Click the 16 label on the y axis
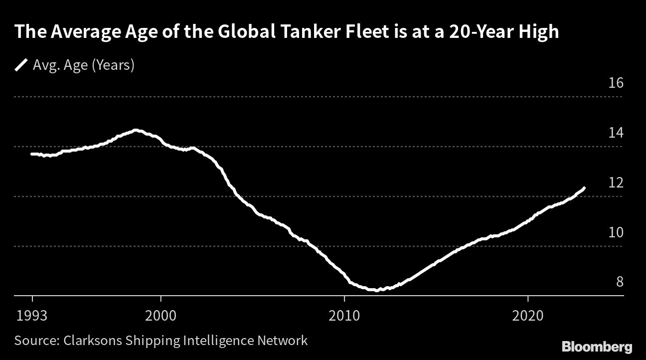click(x=617, y=83)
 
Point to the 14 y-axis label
click(x=617, y=133)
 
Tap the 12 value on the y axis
click(x=617, y=182)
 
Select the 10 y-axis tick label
click(x=617, y=232)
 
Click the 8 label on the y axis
click(x=620, y=282)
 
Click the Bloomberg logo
click(x=597, y=347)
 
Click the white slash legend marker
click(x=21, y=65)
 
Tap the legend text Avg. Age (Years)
click(x=83, y=65)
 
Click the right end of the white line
click(x=584, y=188)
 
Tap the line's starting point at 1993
click(x=32, y=154)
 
